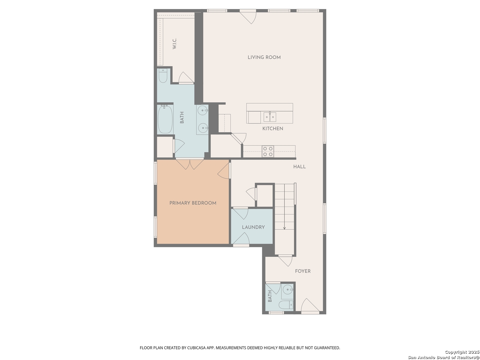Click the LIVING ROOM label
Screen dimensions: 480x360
click(x=264, y=57)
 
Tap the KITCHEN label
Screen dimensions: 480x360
click(x=273, y=129)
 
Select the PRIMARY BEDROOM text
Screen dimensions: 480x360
click(x=193, y=203)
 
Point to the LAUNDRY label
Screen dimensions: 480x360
click(x=253, y=227)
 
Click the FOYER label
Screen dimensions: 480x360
click(x=303, y=271)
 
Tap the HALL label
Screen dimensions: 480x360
click(x=299, y=167)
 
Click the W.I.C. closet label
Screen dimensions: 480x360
click(x=174, y=44)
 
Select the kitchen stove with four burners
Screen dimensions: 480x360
click(x=268, y=151)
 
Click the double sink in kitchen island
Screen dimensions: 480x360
click(x=270, y=117)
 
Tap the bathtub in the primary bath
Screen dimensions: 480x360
click(x=165, y=119)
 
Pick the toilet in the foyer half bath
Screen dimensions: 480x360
click(x=286, y=305)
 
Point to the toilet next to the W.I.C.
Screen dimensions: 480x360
click(x=163, y=76)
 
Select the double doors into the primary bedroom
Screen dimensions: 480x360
click(x=190, y=164)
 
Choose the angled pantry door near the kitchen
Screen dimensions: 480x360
click(x=239, y=139)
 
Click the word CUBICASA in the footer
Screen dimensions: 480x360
click(x=196, y=348)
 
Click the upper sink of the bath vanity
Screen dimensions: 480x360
click(x=203, y=110)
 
